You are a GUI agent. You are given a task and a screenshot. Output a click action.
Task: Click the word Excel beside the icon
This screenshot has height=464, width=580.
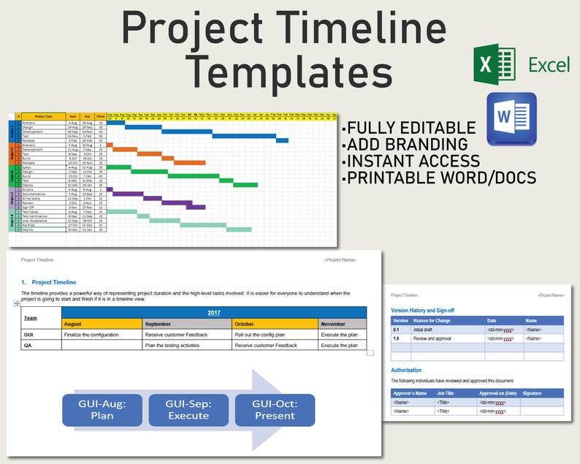(549, 65)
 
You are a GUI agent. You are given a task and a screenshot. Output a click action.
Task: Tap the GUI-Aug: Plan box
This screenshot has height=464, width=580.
(102, 409)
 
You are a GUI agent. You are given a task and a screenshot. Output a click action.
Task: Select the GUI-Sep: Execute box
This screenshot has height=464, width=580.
(188, 409)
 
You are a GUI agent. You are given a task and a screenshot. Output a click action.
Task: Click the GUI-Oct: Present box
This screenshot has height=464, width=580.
(274, 409)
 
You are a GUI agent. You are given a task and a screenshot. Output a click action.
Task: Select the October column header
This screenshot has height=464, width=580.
(275, 324)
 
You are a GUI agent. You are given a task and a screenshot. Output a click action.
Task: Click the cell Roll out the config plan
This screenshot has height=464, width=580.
(275, 335)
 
